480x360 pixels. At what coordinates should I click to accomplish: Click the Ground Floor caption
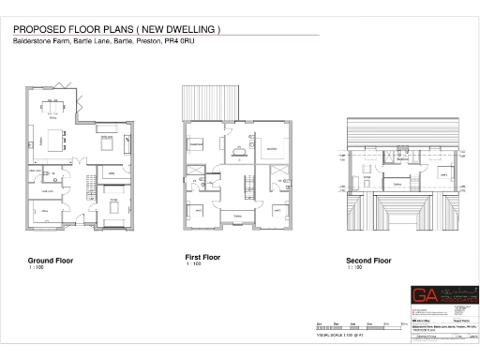51,260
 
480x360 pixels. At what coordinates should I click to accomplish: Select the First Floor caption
202,256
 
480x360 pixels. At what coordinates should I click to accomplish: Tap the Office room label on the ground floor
43,212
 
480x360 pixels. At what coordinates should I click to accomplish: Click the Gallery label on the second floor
397,184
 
